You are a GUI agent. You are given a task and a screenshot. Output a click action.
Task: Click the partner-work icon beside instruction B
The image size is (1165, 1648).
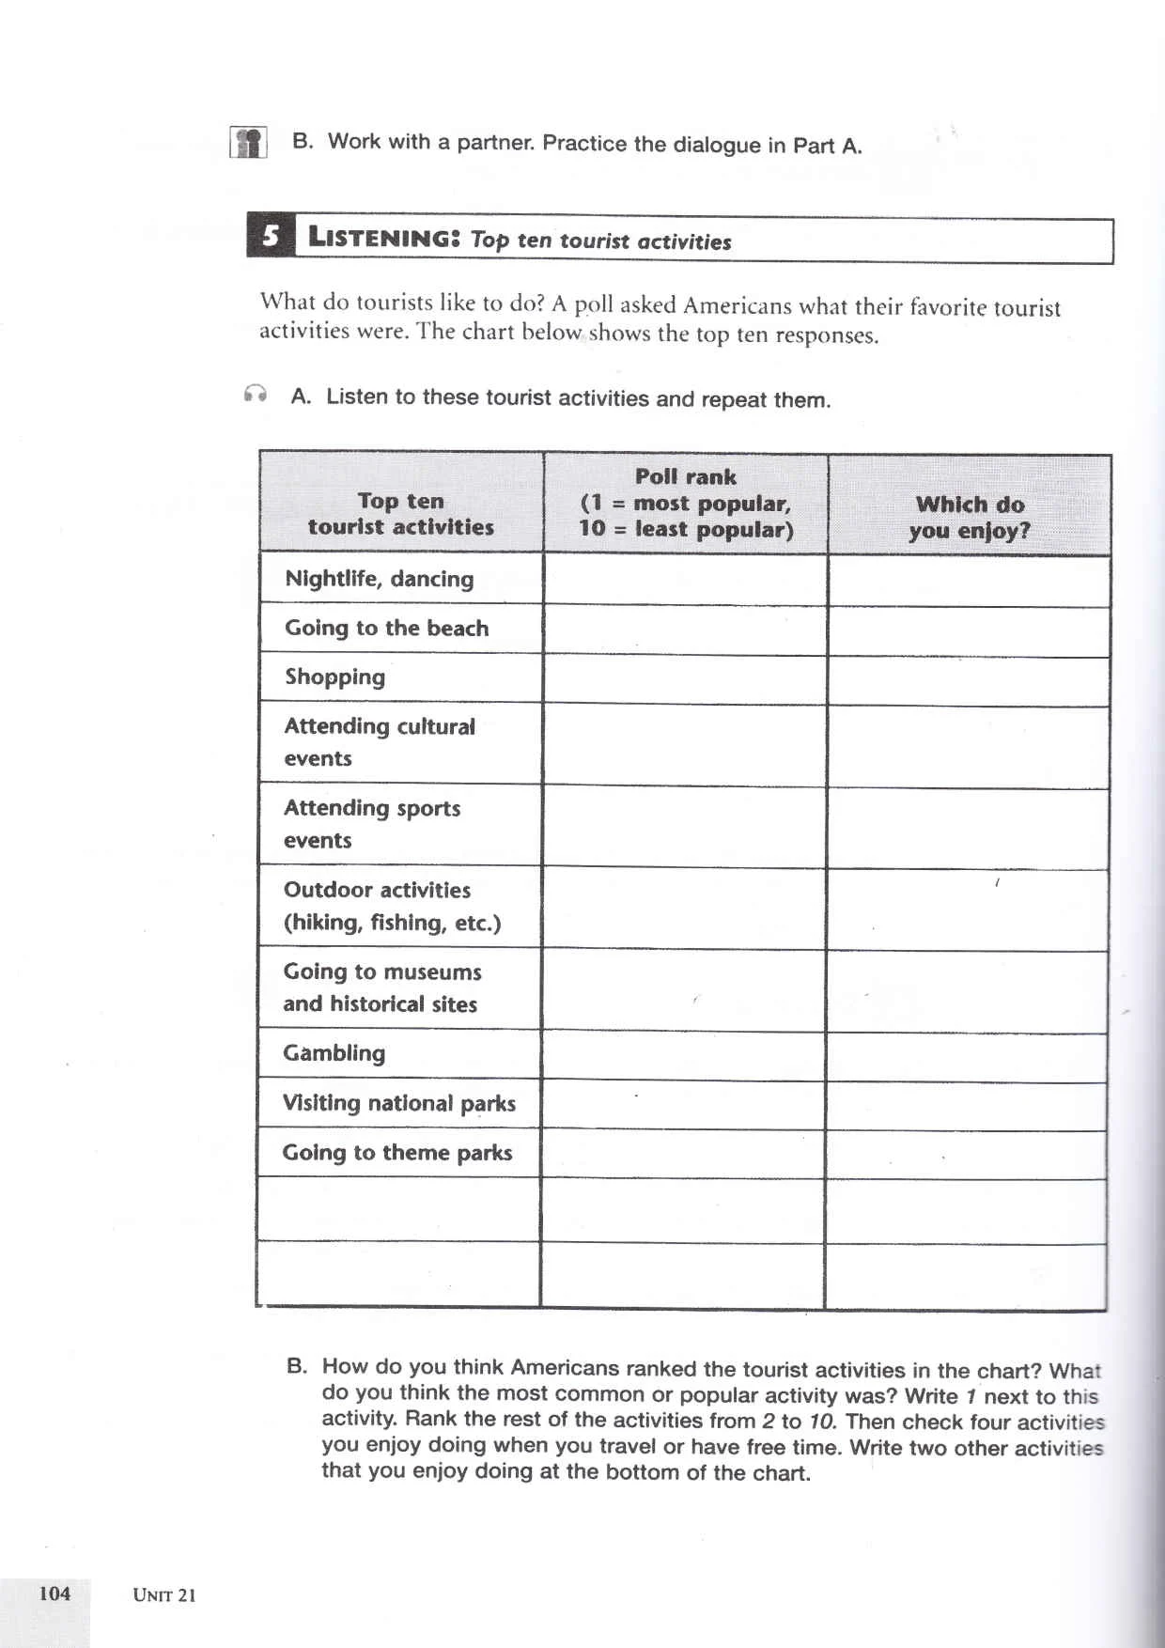249,143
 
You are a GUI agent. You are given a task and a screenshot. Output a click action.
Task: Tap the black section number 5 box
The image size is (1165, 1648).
271,236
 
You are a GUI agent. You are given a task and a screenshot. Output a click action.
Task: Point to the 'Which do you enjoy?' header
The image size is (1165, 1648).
969,517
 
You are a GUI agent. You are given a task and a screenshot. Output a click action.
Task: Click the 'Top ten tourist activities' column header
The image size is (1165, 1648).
401,513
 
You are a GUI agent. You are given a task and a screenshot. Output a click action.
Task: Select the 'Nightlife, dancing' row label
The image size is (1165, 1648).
380,579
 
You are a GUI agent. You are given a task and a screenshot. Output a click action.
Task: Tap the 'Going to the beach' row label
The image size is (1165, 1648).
387,628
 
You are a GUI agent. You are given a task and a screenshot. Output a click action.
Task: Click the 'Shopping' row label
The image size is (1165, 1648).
335,677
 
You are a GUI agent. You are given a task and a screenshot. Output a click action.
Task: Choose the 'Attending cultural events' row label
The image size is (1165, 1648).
380,741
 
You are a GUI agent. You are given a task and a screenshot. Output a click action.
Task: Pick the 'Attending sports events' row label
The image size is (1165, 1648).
372,823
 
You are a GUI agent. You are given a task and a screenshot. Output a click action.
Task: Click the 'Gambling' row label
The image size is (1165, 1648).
334,1053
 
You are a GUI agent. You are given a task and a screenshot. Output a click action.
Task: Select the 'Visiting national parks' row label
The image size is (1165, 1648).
399,1103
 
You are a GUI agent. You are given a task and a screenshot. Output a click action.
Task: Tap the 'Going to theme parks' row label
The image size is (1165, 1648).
397,1153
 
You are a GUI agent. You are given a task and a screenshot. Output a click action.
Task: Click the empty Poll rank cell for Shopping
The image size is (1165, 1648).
685,679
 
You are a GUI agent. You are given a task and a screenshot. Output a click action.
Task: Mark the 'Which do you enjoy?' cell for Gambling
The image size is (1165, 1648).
967,1057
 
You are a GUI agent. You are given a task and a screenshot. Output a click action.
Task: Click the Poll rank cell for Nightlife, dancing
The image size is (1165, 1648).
685,580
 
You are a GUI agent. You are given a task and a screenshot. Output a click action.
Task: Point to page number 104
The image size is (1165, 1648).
54,1593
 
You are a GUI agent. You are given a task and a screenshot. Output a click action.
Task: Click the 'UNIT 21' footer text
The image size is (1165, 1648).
164,1594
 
